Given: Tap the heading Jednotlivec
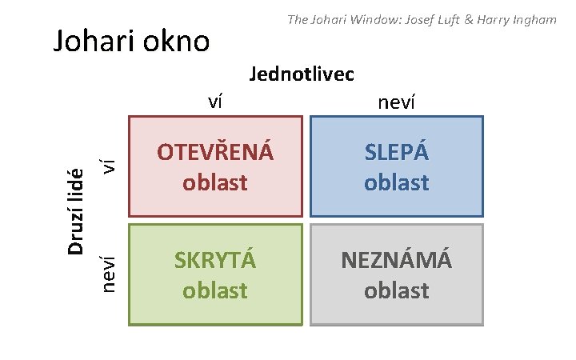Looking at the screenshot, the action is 302,74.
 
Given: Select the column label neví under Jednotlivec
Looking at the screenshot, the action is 396,102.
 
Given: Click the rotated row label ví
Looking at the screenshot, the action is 114,166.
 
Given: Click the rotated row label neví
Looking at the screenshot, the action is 114,272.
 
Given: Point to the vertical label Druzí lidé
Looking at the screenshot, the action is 76,212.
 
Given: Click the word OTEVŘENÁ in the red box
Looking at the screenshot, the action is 215,152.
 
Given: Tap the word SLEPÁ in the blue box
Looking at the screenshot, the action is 397,152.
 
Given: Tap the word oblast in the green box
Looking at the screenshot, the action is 215,289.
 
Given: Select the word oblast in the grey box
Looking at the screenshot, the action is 397,289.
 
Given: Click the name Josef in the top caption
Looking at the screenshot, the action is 409,18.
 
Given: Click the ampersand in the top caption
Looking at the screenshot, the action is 458,18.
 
